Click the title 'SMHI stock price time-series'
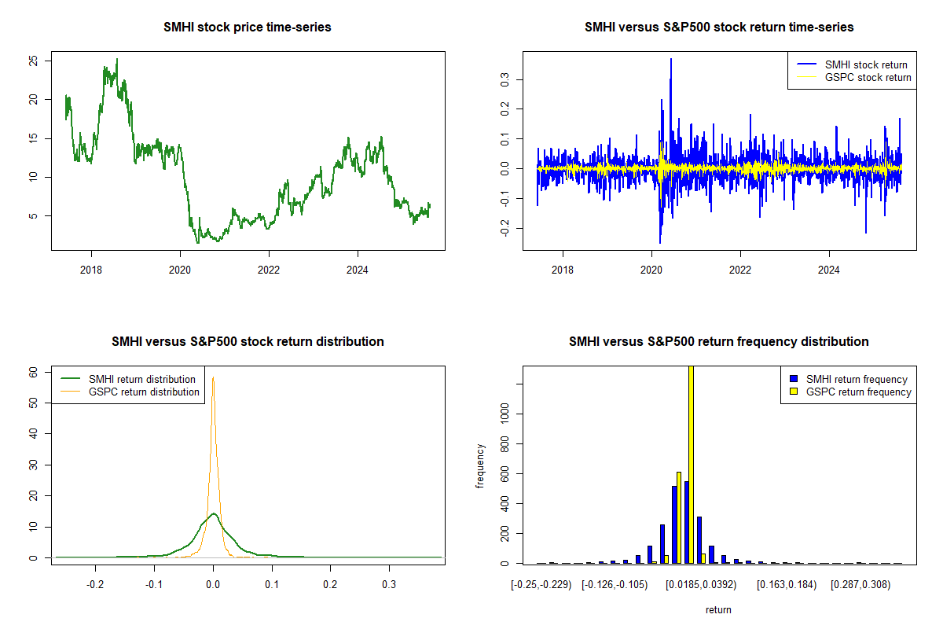248,28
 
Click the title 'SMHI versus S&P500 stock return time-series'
719,28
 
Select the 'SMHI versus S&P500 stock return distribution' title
248,342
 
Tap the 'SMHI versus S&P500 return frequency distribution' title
719,342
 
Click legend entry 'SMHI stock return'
865,64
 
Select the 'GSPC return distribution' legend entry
144,392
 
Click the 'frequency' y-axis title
481,465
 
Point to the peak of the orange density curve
213,378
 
